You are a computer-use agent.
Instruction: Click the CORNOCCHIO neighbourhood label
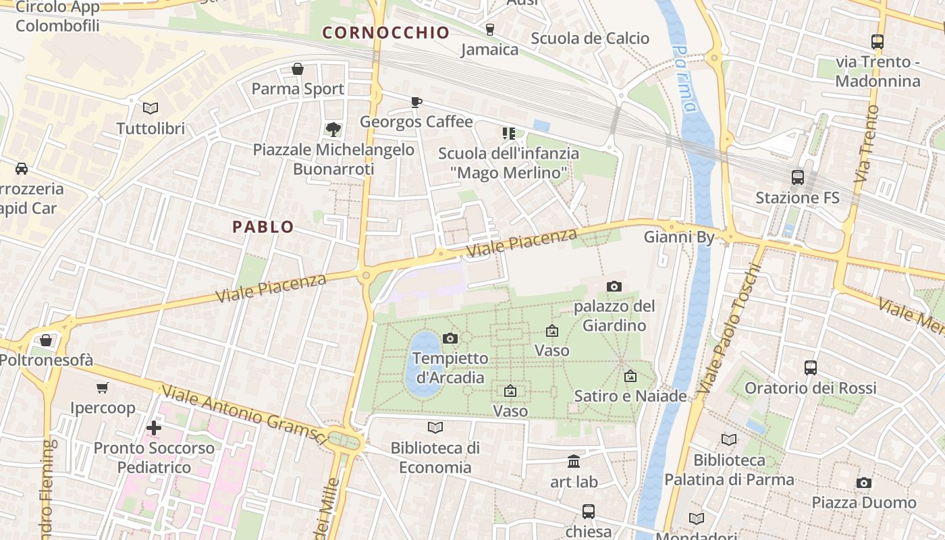[385, 32]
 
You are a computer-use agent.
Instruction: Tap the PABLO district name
[263, 227]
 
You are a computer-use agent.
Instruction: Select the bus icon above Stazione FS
[798, 178]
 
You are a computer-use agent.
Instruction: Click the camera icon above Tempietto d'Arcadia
[450, 338]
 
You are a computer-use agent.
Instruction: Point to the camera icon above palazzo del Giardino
[614, 286]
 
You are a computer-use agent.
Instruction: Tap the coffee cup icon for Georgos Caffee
[416, 102]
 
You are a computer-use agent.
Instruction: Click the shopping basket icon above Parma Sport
[298, 69]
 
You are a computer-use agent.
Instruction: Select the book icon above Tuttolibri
[151, 108]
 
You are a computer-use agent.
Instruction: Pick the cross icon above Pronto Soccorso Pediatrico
[154, 428]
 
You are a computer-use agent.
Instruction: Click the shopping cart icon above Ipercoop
[103, 387]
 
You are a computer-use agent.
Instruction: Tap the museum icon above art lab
[574, 462]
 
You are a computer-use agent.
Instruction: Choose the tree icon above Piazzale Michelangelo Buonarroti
[333, 129]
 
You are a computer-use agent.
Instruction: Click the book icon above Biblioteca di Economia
[435, 427]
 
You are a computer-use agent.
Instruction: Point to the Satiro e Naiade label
[630, 396]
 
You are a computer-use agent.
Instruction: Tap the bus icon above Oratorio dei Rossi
[811, 368]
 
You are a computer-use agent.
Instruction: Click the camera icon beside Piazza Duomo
[864, 483]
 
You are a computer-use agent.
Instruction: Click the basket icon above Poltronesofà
[46, 340]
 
